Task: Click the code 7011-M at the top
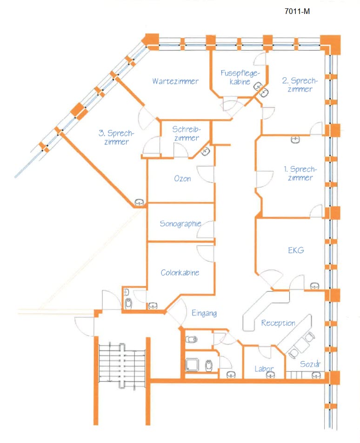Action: pyautogui.click(x=297, y=12)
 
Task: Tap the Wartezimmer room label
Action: pyautogui.click(x=175, y=81)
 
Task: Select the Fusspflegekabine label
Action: pyautogui.click(x=239, y=78)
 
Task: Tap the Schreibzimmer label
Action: pyautogui.click(x=186, y=134)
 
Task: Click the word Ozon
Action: pyautogui.click(x=182, y=179)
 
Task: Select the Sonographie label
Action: pyautogui.click(x=180, y=223)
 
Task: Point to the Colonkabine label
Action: pyautogui.click(x=180, y=273)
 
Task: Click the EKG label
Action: pyautogui.click(x=296, y=250)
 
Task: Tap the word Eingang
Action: pyautogui.click(x=204, y=314)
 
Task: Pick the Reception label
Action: pyautogui.click(x=278, y=323)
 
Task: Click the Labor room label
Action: pyautogui.click(x=264, y=369)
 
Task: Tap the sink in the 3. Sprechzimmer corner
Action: pyautogui.click(x=139, y=202)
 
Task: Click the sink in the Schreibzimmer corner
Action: pyautogui.click(x=205, y=151)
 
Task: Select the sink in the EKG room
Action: pyautogui.click(x=314, y=285)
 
